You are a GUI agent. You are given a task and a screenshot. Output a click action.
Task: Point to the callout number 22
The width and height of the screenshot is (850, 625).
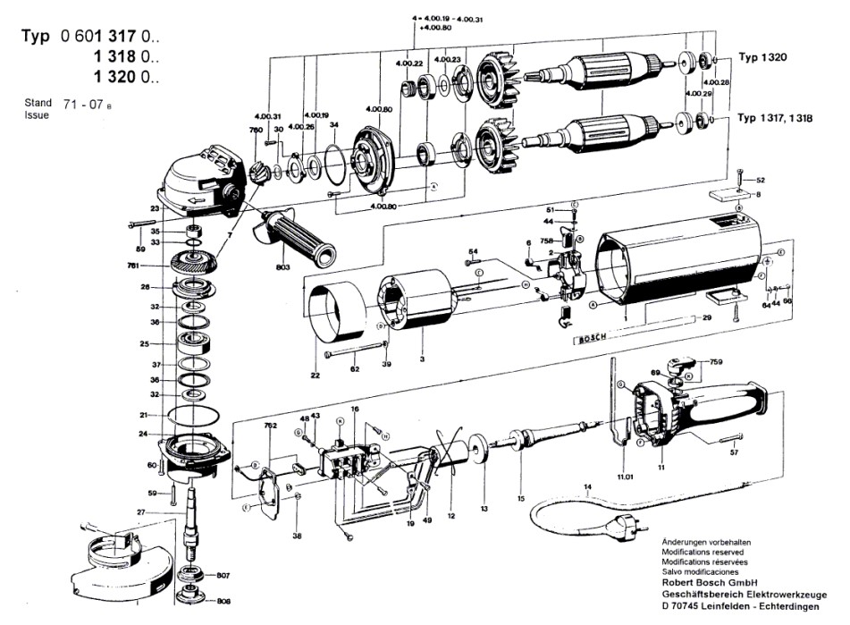[x=315, y=376]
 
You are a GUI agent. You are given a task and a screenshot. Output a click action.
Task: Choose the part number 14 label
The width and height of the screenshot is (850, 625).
[x=587, y=487]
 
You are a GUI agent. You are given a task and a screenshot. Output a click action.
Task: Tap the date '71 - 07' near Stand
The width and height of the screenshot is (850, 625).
[x=81, y=106]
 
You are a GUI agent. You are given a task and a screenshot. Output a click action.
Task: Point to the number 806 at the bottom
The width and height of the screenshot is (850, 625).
[x=223, y=601]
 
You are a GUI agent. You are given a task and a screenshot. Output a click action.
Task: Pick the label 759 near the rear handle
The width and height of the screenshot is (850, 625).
[x=716, y=363]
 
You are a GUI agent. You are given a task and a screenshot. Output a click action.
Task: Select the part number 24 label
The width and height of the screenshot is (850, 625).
[x=143, y=434]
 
